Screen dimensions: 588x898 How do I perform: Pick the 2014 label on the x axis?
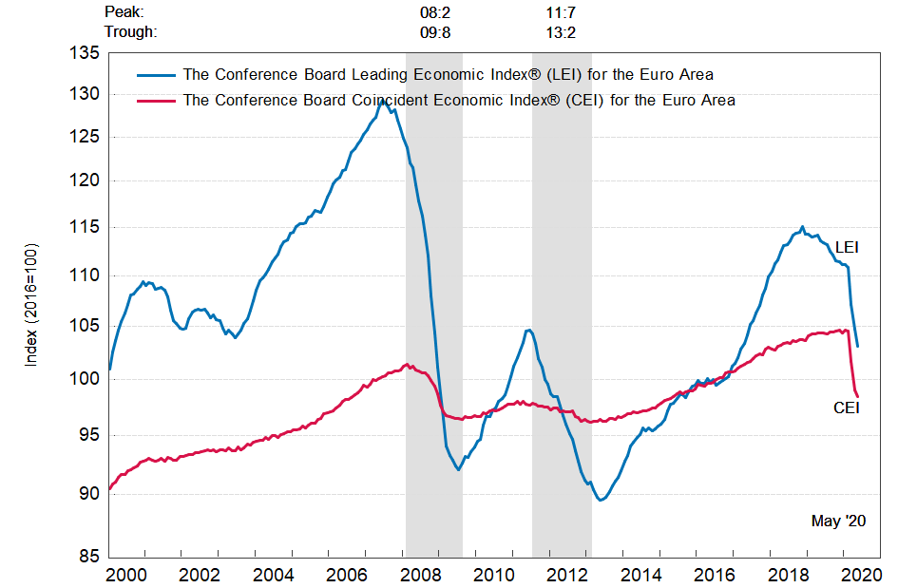click(x=641, y=574)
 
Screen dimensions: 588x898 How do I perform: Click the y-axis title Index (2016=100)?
click(x=29, y=306)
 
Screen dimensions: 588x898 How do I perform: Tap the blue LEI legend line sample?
click(x=156, y=74)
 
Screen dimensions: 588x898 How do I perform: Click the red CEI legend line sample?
click(x=156, y=100)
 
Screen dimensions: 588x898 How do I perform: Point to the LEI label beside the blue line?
click(x=847, y=247)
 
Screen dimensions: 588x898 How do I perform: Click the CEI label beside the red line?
click(x=846, y=408)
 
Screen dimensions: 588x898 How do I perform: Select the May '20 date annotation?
click(x=838, y=521)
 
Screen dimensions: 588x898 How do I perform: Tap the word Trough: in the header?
click(x=130, y=31)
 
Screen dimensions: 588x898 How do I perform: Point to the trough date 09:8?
click(x=435, y=31)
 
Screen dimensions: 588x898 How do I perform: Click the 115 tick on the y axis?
click(x=85, y=227)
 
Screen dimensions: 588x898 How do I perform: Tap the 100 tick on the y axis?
click(x=85, y=378)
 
